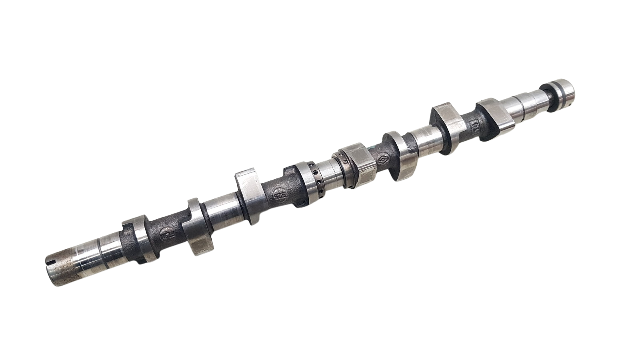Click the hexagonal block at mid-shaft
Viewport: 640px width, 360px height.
(357, 166)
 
